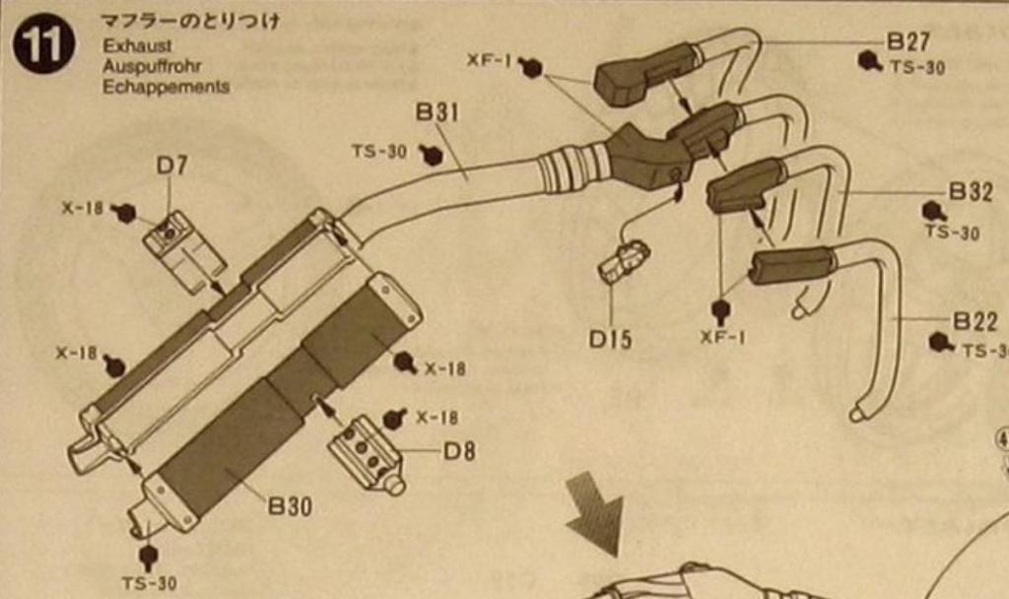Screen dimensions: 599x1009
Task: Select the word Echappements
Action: (x=166, y=86)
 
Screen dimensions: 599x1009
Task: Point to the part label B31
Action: (x=437, y=112)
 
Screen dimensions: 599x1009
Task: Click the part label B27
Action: (x=908, y=41)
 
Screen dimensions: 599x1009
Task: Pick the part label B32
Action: (x=970, y=191)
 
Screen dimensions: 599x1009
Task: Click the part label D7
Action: (x=171, y=166)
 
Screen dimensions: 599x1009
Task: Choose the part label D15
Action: (x=610, y=339)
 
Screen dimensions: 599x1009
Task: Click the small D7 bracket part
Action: (x=183, y=250)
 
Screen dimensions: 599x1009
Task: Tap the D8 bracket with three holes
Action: (x=365, y=453)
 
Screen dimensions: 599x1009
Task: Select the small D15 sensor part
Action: (x=625, y=260)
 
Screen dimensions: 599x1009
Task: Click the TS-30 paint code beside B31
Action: (x=378, y=152)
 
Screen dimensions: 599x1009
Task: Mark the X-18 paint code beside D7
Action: (x=83, y=208)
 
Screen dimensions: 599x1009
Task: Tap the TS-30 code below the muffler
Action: (x=150, y=583)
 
